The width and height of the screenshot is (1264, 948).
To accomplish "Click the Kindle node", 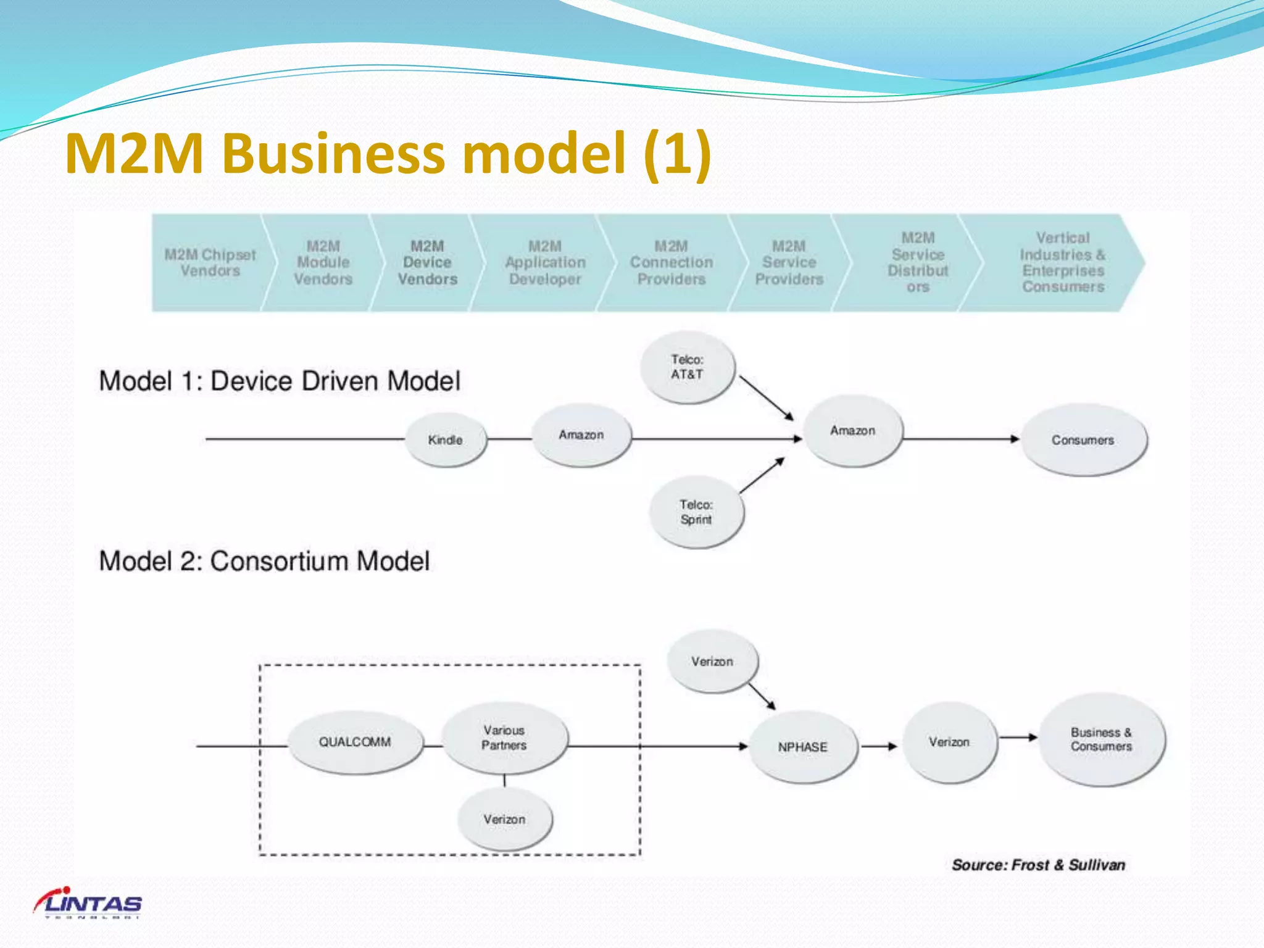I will [x=446, y=439].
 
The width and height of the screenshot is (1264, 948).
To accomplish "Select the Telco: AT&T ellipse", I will [x=688, y=367].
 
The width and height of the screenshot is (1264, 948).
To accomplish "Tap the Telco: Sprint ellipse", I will [x=696, y=512].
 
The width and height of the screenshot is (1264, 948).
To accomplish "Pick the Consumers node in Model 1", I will [x=1083, y=439].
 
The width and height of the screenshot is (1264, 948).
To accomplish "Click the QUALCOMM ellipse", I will [x=355, y=742].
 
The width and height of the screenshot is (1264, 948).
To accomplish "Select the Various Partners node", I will [x=504, y=738].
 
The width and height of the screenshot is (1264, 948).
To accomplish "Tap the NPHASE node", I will [x=802, y=747].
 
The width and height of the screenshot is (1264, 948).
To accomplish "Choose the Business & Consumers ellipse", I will [x=1102, y=739].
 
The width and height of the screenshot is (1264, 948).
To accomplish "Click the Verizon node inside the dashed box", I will [x=504, y=820].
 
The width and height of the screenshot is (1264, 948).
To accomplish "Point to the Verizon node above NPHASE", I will [x=712, y=662].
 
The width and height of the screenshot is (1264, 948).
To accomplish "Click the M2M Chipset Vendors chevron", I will [x=210, y=263].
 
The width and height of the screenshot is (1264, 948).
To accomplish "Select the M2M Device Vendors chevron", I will [x=427, y=263].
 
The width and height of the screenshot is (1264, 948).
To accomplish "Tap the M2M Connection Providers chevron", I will [x=671, y=263].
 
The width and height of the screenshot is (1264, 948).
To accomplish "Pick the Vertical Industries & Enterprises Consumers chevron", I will [x=1063, y=263].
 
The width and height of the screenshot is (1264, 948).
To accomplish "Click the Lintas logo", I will [x=88, y=904].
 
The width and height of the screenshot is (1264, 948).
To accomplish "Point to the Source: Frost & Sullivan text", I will [x=1038, y=865].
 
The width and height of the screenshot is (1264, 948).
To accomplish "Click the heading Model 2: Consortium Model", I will [x=264, y=561].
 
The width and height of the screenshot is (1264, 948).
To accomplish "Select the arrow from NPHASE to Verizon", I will [x=879, y=746].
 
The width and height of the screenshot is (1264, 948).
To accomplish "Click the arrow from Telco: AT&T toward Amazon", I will [x=766, y=398].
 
